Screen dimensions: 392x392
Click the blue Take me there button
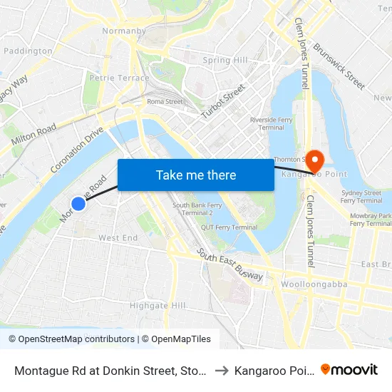click(x=196, y=175)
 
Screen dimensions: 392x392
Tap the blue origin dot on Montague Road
click(x=78, y=203)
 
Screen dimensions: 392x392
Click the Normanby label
click(x=125, y=31)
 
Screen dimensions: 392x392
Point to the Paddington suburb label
click(x=29, y=51)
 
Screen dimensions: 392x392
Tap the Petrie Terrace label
click(x=120, y=78)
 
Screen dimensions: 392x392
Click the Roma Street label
click(x=165, y=102)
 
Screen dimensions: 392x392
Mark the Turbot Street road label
click(x=223, y=100)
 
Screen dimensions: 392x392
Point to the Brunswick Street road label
click(x=339, y=68)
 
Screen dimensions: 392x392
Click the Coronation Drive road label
click(x=78, y=149)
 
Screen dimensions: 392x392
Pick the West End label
click(x=118, y=237)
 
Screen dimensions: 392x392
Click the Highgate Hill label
click(x=158, y=306)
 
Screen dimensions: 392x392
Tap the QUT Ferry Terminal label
click(x=229, y=227)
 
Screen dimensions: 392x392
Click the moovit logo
click(x=349, y=369)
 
